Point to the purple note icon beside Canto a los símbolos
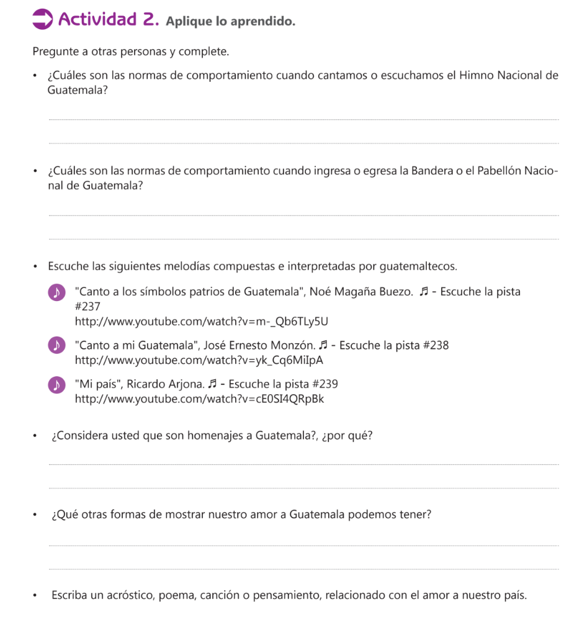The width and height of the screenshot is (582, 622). click(56, 292)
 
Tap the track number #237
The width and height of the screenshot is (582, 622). click(87, 306)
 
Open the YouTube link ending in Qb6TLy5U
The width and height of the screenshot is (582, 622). click(201, 321)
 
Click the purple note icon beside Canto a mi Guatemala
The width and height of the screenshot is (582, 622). click(56, 346)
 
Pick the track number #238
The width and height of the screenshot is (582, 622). click(435, 345)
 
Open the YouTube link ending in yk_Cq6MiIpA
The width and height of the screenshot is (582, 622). click(199, 360)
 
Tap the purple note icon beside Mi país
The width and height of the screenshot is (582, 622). click(56, 384)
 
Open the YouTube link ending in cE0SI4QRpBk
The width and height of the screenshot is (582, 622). click(199, 399)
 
